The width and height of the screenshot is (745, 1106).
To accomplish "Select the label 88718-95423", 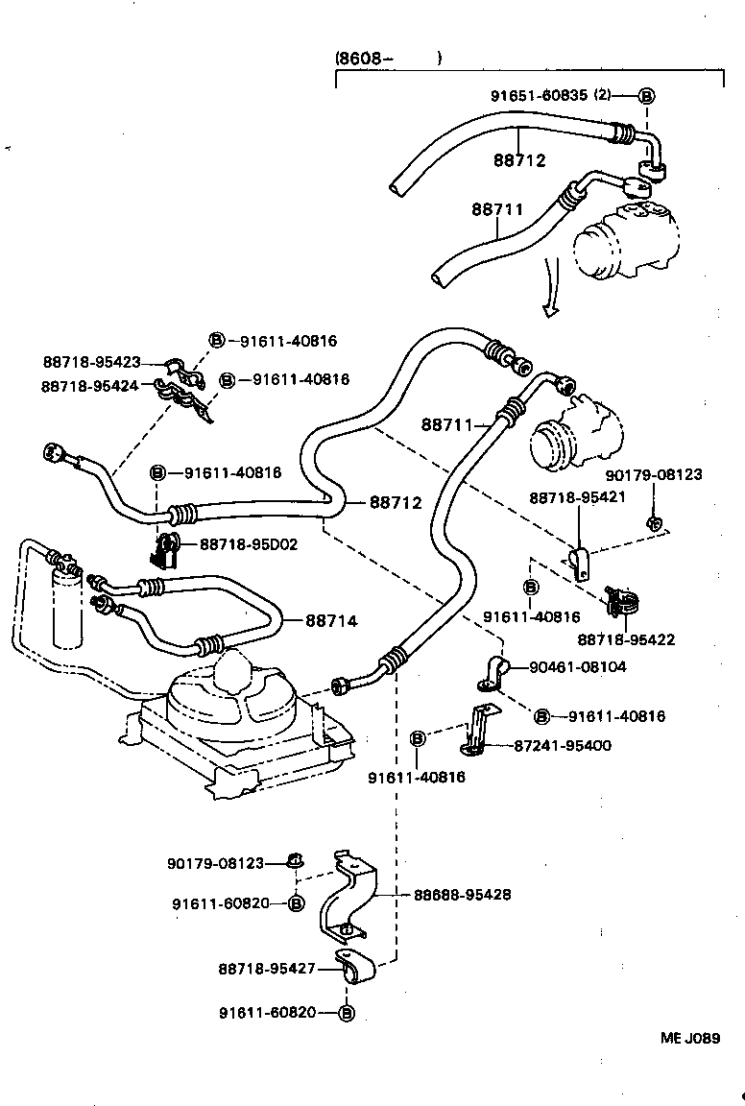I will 91,362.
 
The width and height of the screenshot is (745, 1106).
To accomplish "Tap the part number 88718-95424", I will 89,385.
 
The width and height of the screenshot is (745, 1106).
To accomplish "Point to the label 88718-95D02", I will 249,544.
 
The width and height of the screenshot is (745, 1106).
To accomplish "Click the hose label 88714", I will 331,621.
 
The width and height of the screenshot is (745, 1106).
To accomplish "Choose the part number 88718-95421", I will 578,497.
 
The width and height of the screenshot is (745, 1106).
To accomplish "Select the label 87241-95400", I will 589,745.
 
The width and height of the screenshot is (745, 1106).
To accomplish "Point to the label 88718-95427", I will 267,969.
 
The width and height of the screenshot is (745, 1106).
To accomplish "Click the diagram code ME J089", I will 689,1038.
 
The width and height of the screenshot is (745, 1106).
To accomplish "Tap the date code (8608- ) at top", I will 388,59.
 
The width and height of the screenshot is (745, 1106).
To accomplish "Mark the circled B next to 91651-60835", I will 647,95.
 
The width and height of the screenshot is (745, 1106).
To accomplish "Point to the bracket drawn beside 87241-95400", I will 477,732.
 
